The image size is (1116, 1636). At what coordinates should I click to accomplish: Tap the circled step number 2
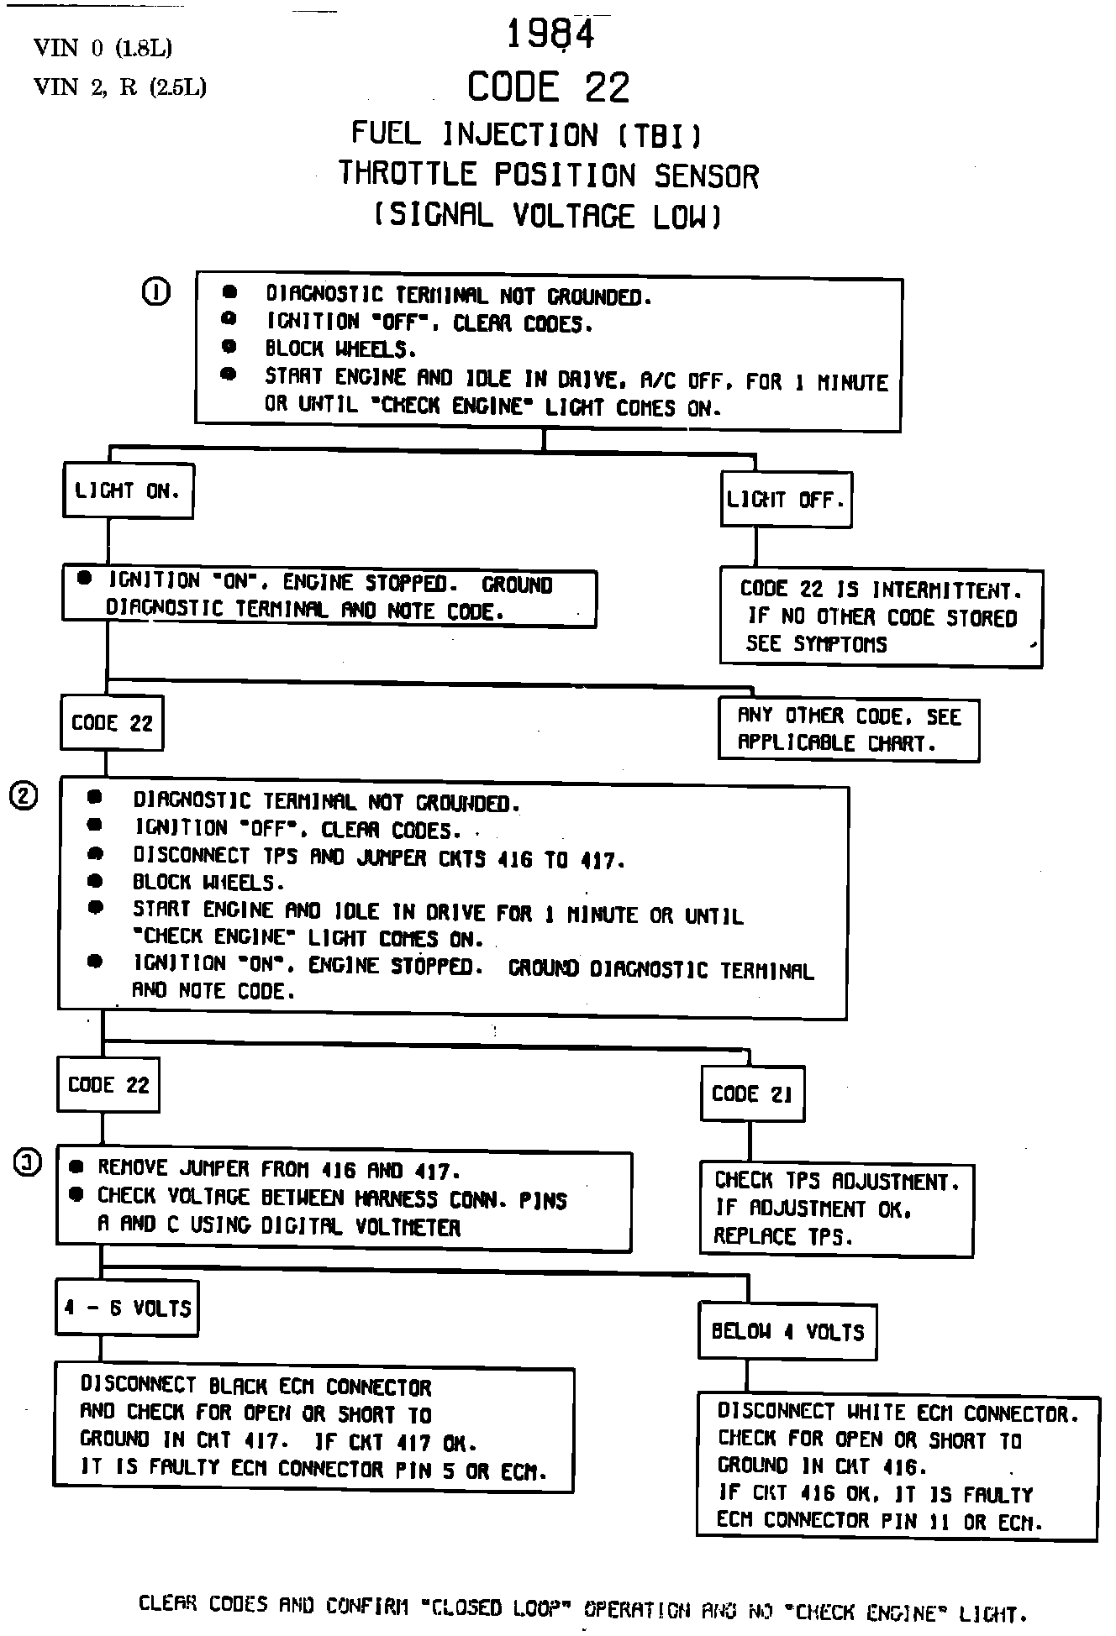[x=24, y=795]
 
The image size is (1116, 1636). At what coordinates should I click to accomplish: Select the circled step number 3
[x=27, y=1163]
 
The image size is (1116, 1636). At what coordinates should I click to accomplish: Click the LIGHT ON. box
[x=128, y=490]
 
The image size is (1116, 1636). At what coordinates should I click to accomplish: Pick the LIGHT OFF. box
[x=786, y=500]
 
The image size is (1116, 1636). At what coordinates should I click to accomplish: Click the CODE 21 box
[x=752, y=1093]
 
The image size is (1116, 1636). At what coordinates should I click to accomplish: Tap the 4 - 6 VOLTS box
[x=127, y=1308]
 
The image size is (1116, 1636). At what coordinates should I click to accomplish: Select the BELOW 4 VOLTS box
[x=787, y=1331]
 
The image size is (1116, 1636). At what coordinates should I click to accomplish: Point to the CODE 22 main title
[x=548, y=87]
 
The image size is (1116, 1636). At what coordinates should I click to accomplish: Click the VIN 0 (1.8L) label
[x=103, y=49]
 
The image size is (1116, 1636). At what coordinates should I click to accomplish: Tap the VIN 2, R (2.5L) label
[x=119, y=87]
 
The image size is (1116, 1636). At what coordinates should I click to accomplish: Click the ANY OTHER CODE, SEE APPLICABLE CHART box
[x=849, y=729]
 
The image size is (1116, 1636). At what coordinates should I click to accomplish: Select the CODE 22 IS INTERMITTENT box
[x=881, y=617]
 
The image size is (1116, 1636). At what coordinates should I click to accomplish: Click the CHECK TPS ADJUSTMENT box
[x=836, y=1209]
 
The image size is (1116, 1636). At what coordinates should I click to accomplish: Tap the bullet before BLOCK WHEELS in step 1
[x=229, y=347]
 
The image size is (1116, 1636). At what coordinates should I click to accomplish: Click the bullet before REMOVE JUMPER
[x=76, y=1167]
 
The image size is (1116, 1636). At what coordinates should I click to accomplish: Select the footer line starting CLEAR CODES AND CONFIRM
[x=582, y=1608]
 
